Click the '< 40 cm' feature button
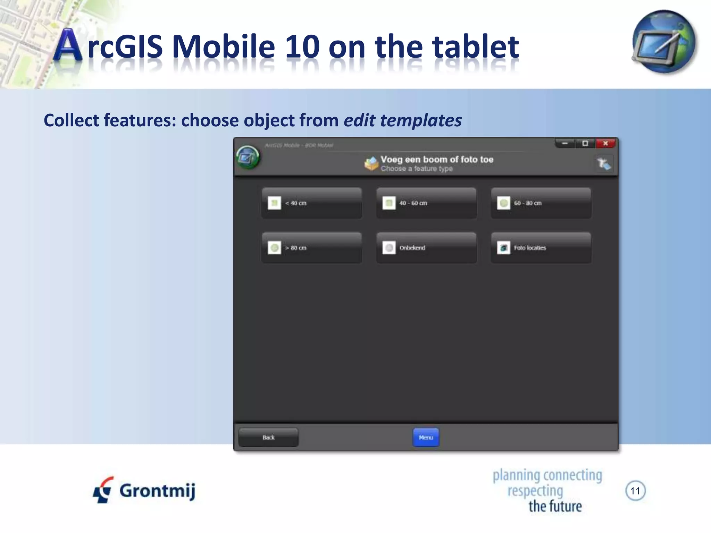311,203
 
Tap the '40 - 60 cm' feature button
426,203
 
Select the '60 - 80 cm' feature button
541,203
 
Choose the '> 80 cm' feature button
311,248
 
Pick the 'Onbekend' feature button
426,248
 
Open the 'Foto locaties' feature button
541,248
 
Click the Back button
268,438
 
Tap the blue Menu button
426,438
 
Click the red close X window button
605,143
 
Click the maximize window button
585,143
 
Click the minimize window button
565,143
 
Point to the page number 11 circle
635,491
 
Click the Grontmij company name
157,491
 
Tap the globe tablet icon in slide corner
664,42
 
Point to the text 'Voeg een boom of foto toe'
437,160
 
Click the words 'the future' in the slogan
555,506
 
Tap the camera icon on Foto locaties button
503,248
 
